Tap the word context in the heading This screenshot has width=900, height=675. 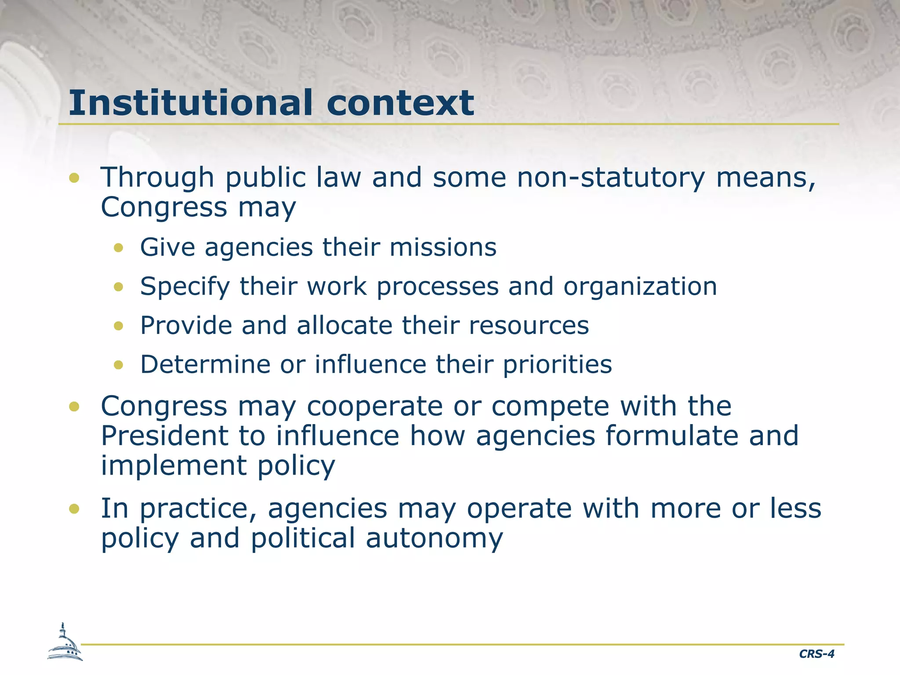pos(400,104)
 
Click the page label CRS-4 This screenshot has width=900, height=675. pos(817,654)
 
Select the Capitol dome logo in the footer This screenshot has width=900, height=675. pos(65,643)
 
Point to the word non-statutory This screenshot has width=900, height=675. pos(611,178)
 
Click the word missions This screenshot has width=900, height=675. pos(443,247)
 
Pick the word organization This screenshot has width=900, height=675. pos(640,287)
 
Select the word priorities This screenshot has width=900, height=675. pos(557,365)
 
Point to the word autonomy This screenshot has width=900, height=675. pos(434,538)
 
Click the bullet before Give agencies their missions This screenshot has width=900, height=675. pos(118,248)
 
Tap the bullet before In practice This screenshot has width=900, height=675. pos(74,509)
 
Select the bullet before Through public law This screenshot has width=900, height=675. pos(74,178)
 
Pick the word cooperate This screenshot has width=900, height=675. pos(375,406)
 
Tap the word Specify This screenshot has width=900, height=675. pos(185,287)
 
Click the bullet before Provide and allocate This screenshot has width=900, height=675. pos(118,326)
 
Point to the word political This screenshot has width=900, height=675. pos(303,538)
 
